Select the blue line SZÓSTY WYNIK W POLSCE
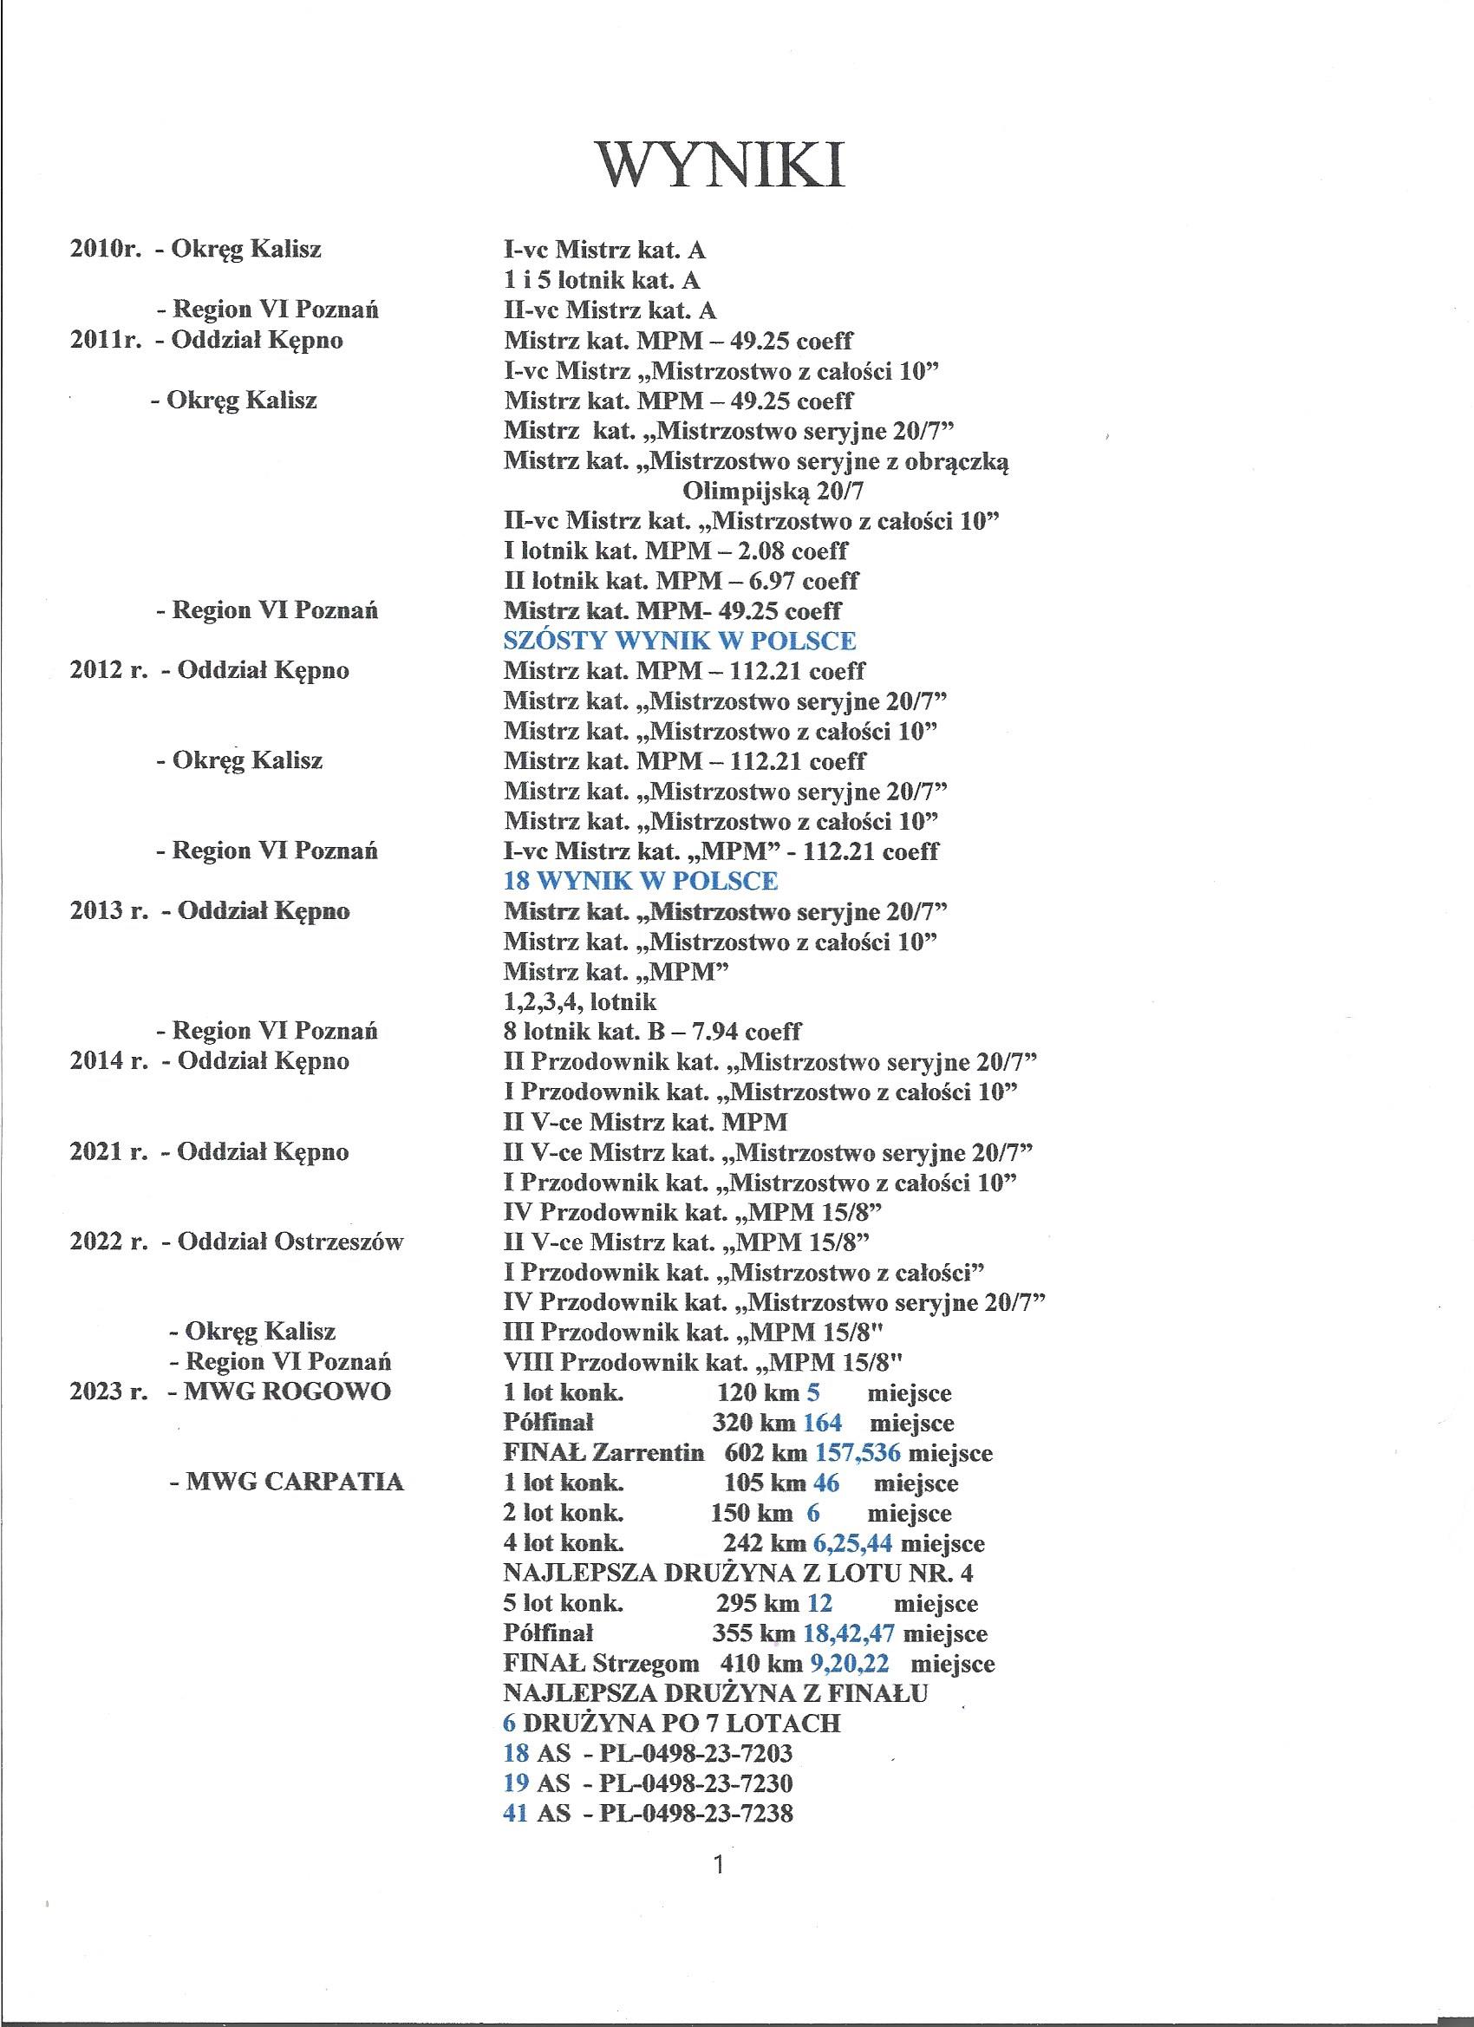[680, 641]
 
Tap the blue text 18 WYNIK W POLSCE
[640, 880]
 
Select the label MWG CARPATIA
[294, 1483]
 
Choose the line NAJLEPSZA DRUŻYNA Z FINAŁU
[715, 1692]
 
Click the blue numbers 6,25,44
[853, 1542]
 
